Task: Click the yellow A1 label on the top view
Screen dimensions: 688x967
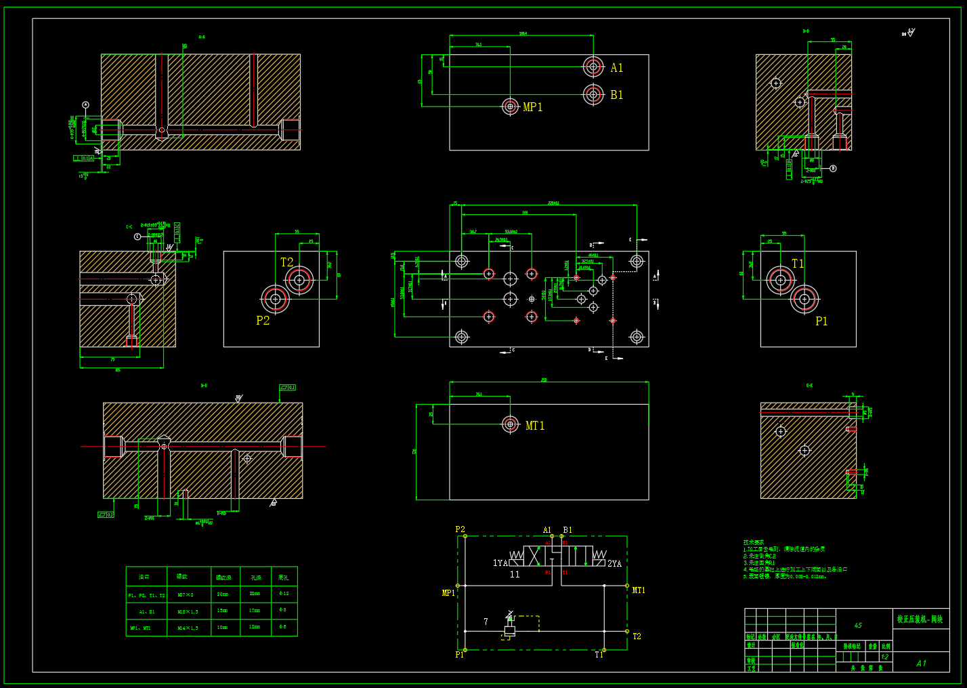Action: pos(616,68)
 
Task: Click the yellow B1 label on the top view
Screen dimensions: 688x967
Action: pos(616,95)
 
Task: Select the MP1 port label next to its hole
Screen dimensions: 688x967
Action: pos(532,107)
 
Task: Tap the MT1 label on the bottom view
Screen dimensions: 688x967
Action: pos(534,426)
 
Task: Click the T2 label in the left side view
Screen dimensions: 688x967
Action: pos(286,262)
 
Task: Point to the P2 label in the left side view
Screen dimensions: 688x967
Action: pos(263,321)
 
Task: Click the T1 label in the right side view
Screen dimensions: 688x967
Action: pos(798,264)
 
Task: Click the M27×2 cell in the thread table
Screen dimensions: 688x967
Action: pos(186,594)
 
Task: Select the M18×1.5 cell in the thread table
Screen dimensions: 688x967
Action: pos(186,611)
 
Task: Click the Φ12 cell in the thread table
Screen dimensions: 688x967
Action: pos(284,594)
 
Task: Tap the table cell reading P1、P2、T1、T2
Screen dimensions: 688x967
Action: pos(146,595)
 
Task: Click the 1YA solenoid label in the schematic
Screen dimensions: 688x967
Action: pos(500,563)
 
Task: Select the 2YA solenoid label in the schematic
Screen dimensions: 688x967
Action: pos(614,563)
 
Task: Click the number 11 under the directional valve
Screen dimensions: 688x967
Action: pos(515,574)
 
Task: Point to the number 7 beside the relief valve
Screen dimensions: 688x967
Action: pos(486,622)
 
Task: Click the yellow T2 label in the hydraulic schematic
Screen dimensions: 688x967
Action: pos(637,636)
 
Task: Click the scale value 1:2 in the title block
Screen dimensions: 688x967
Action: pos(884,657)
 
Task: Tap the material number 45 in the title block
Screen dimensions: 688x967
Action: pos(858,626)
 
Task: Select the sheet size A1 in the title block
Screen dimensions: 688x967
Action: pos(921,664)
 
